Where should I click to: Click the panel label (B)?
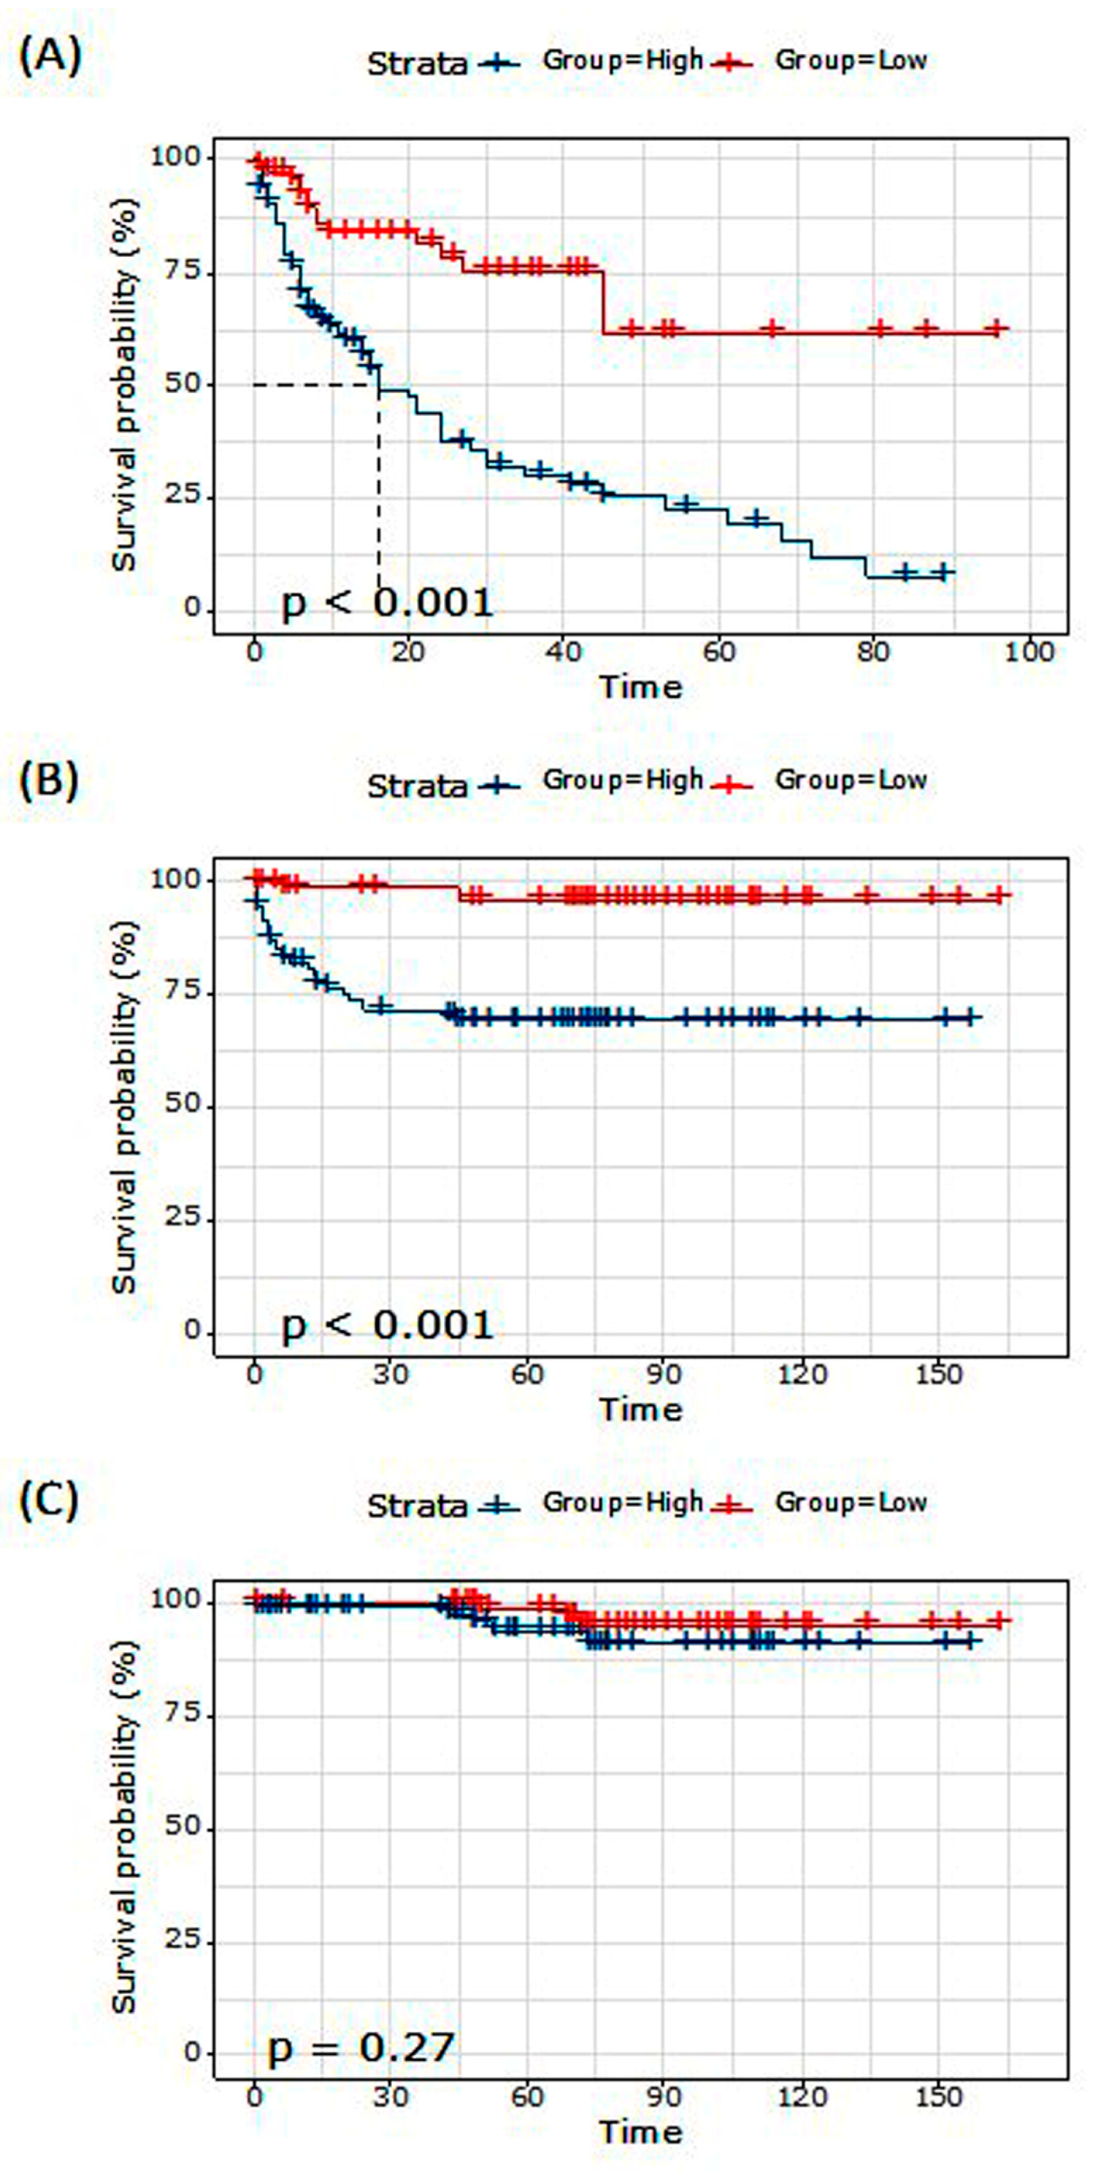coord(49,780)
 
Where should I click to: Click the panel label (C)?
coord(49,1501)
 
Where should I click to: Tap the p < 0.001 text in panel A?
coord(386,604)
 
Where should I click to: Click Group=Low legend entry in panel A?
coord(850,61)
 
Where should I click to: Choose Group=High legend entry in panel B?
coord(622,781)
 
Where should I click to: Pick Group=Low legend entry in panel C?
coord(850,1502)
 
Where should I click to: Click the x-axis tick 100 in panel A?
coord(1030,652)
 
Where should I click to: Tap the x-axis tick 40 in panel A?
coord(564,652)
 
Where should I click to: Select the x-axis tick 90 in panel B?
coord(664,1374)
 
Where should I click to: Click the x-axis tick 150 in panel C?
coord(938,2095)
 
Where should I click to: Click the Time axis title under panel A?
coord(640,687)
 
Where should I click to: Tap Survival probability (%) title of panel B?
coord(125,1106)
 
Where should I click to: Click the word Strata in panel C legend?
coord(416,1506)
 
